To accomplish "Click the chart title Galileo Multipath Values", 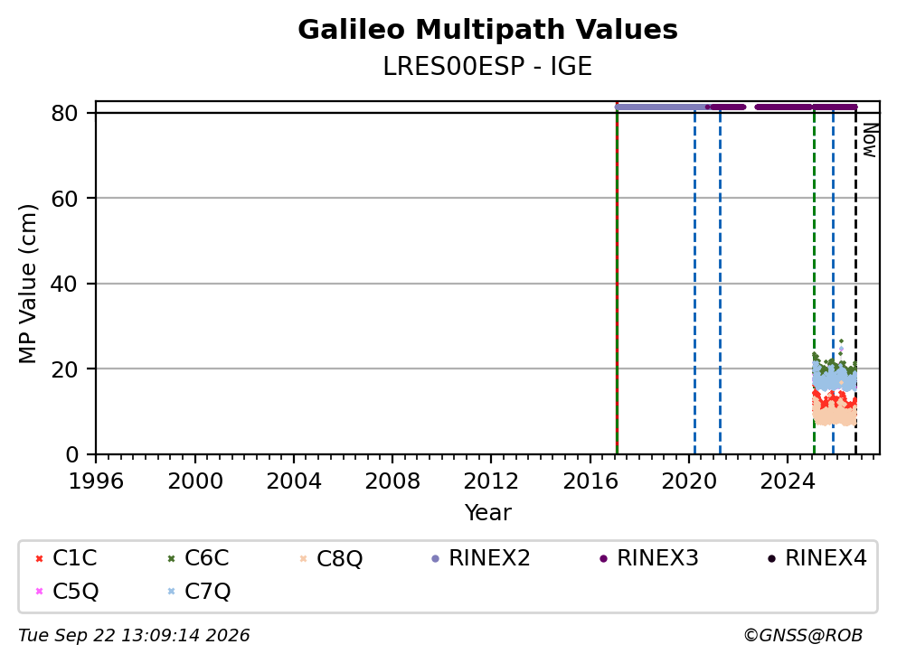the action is (x=487, y=30).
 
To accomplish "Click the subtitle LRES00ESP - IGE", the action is (x=487, y=66).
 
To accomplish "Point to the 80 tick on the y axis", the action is (x=64, y=113).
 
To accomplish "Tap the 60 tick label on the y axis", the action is (x=64, y=199).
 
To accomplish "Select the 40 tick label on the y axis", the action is (x=64, y=284).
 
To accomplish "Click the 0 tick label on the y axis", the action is (x=72, y=454).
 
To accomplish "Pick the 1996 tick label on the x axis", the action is (x=96, y=481).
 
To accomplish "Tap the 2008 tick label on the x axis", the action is (x=392, y=481).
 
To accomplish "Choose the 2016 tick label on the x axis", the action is (x=590, y=481).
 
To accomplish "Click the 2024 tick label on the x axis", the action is (x=788, y=481).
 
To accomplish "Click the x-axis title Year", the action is (x=488, y=513).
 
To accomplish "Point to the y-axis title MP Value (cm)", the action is (x=27, y=284).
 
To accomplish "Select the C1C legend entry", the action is (x=66, y=558).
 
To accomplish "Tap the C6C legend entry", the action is (x=198, y=558).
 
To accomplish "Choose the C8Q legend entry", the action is (x=331, y=558).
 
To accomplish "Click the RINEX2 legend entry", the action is (x=480, y=558).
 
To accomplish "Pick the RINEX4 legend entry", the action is (x=817, y=558).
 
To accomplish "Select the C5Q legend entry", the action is (x=67, y=592).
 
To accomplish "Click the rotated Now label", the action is (x=870, y=140).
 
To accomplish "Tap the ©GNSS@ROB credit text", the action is (x=803, y=636).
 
